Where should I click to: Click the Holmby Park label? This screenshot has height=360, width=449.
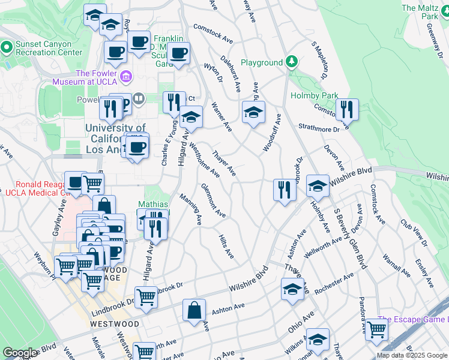[x=314, y=95]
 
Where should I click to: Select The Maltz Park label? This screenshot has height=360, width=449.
[x=421, y=12]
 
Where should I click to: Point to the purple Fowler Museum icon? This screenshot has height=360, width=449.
[x=126, y=76]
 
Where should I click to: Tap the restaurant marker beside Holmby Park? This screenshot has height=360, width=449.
[x=347, y=109]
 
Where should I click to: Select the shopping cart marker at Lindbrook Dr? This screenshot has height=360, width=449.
[x=146, y=297]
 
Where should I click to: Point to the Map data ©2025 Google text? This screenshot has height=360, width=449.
[x=412, y=355]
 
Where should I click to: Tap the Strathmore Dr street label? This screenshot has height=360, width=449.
[x=319, y=127]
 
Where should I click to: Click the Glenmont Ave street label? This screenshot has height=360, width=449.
[x=213, y=200]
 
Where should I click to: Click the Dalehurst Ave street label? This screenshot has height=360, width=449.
[x=230, y=74]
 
